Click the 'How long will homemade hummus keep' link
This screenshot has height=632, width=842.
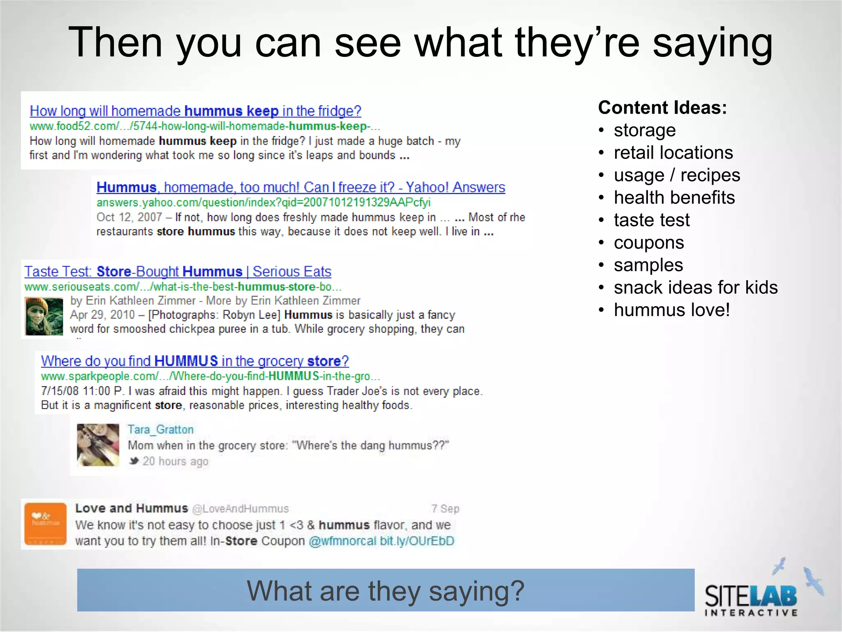tap(195, 111)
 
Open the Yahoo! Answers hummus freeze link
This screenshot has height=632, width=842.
tap(301, 188)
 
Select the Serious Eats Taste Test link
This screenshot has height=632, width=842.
tap(178, 272)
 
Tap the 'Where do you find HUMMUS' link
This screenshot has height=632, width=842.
tap(195, 361)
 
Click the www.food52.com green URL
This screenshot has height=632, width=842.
tap(205, 126)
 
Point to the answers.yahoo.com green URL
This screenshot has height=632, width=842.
tap(263, 202)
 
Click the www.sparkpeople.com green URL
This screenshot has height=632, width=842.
tap(210, 376)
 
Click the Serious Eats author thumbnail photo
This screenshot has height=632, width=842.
tap(44, 316)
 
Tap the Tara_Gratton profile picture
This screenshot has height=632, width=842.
tap(98, 445)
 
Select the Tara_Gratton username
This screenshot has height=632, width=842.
tap(160, 430)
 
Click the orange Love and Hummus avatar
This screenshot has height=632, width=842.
tap(46, 524)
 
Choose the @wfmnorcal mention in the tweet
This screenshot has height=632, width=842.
tap(342, 541)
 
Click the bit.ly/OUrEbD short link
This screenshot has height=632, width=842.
tap(417, 541)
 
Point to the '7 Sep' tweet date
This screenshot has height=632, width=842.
tap(445, 509)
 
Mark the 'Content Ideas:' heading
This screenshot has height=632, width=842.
tap(662, 108)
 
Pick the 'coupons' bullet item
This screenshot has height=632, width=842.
tap(649, 243)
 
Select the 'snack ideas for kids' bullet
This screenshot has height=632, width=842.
tap(696, 288)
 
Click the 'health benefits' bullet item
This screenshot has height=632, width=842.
tap(674, 198)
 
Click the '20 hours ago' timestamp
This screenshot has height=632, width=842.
tap(175, 462)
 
